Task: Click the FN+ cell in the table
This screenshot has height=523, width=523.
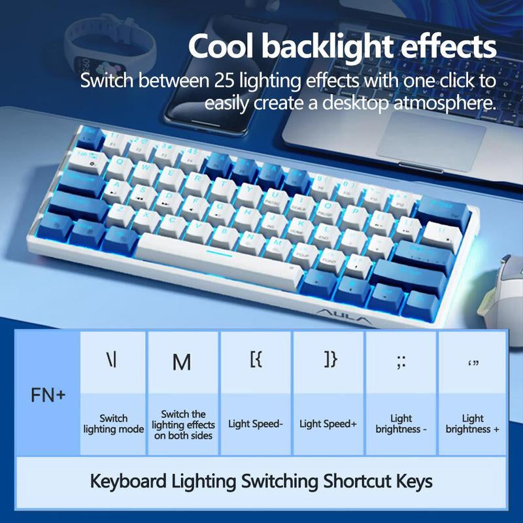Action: [48, 396]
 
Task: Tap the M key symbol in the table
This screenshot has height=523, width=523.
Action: [182, 362]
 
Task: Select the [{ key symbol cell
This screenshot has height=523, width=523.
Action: [256, 360]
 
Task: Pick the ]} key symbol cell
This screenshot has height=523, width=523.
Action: [329, 360]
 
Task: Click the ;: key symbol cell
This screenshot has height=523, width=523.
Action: [401, 362]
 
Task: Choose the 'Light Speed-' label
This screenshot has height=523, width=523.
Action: [256, 424]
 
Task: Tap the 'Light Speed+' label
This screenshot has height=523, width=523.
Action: [328, 424]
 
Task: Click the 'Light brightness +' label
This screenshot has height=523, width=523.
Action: [473, 424]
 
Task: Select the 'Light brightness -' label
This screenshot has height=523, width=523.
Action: [401, 424]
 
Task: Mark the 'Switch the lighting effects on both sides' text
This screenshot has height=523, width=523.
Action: [184, 424]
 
